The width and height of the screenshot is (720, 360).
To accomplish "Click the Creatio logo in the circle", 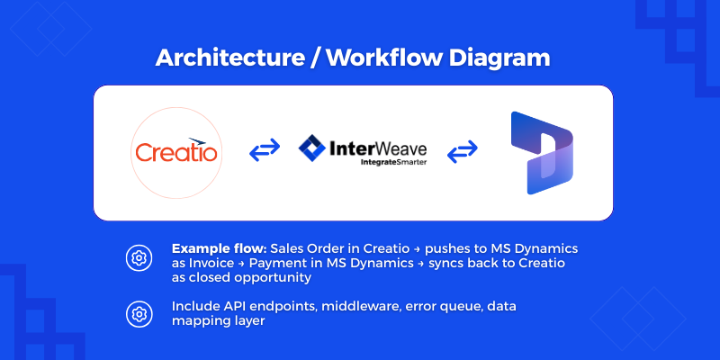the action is (x=176, y=152).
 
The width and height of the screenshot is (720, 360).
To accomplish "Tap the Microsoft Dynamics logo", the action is (x=542, y=153).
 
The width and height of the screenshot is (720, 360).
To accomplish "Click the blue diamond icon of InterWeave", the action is (x=312, y=148).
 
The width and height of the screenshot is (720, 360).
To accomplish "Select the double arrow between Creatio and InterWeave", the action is (x=265, y=149).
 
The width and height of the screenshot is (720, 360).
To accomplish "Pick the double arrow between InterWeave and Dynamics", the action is (x=463, y=151).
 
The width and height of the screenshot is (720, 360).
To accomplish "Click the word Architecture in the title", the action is (x=230, y=58).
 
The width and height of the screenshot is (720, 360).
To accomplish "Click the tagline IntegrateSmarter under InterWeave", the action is (x=393, y=162).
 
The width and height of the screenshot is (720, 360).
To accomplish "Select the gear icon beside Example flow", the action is (x=139, y=258).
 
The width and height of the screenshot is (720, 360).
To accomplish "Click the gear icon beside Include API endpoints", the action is (x=139, y=314).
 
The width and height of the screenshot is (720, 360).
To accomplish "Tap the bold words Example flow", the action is (x=219, y=249).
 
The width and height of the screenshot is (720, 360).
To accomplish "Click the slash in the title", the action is (x=315, y=58).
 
